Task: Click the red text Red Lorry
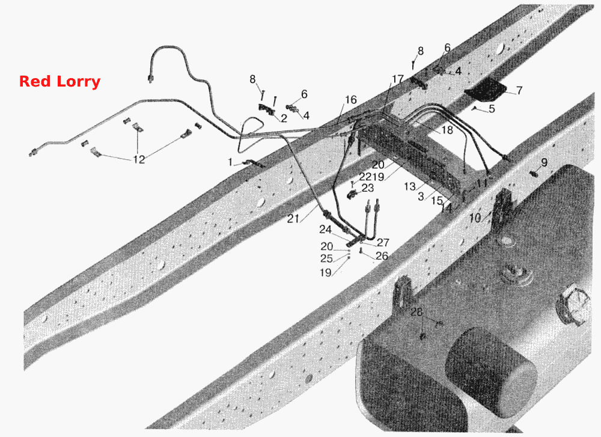(x=59, y=82)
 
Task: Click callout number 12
(x=139, y=159)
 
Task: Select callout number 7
(x=519, y=91)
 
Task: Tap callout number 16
(x=351, y=100)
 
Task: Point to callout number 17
(x=397, y=79)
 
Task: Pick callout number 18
(x=447, y=130)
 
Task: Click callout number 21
(x=293, y=219)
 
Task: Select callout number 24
(x=325, y=229)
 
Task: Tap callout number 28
(x=416, y=311)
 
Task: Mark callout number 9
(x=545, y=162)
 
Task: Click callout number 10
(x=475, y=218)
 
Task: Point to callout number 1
(x=230, y=162)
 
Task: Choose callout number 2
(x=284, y=118)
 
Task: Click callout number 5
(x=492, y=109)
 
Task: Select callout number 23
(x=368, y=188)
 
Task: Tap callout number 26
(x=382, y=255)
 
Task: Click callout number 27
(x=383, y=242)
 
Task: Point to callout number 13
(x=410, y=186)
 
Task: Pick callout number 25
(x=326, y=258)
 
